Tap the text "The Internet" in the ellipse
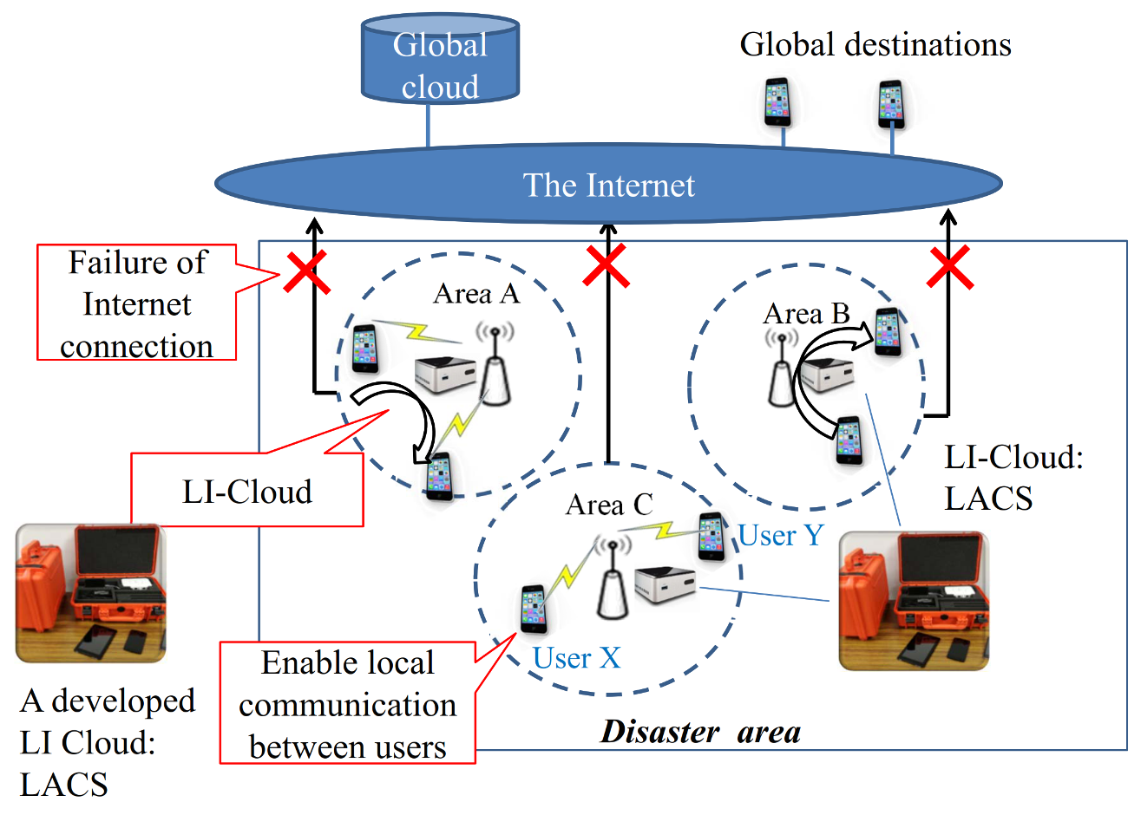coord(608,185)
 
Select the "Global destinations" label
coord(875,44)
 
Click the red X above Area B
coord(949,267)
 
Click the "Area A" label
coord(475,294)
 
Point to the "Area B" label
coord(806,313)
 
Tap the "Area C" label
coord(608,505)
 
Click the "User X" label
coord(576,658)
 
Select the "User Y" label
coord(780,535)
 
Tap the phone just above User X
coord(534,609)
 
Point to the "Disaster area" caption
coord(700,732)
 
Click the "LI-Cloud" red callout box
coord(246,491)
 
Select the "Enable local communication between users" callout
coord(347,703)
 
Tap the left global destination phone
coord(777,102)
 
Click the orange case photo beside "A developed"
coord(91,593)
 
